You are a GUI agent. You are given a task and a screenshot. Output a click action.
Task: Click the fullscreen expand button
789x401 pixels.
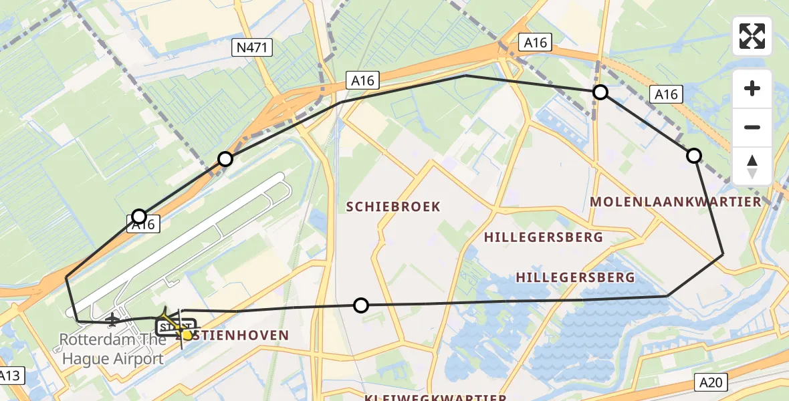click(752, 36)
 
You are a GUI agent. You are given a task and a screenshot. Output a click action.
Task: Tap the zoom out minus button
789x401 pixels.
click(752, 127)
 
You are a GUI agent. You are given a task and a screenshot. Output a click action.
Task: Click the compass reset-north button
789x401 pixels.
click(752, 166)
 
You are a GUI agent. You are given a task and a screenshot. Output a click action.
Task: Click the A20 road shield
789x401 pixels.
click(711, 382)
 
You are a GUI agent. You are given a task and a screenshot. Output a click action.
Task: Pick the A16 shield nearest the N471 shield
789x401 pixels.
click(362, 81)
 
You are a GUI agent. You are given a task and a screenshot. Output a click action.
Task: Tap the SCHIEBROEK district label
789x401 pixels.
click(393, 207)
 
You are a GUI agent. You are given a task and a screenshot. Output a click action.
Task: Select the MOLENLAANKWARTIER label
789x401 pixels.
click(676, 202)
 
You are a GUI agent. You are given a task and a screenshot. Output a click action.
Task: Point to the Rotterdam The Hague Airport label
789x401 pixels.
click(112, 348)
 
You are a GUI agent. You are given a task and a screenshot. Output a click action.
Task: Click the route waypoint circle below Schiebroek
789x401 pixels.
click(361, 305)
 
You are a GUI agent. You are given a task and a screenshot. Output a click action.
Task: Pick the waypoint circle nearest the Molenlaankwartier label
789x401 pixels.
click(694, 156)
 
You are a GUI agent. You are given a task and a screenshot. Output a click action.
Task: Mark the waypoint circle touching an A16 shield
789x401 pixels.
click(139, 216)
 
